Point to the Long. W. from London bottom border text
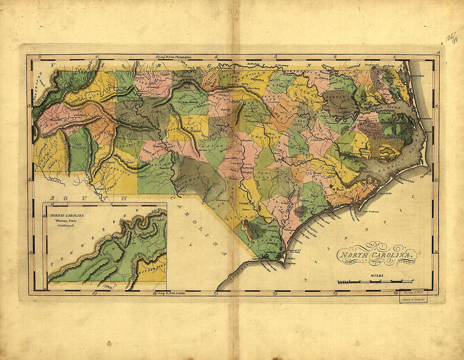pos(170,293)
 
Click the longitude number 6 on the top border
pos(97,56)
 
